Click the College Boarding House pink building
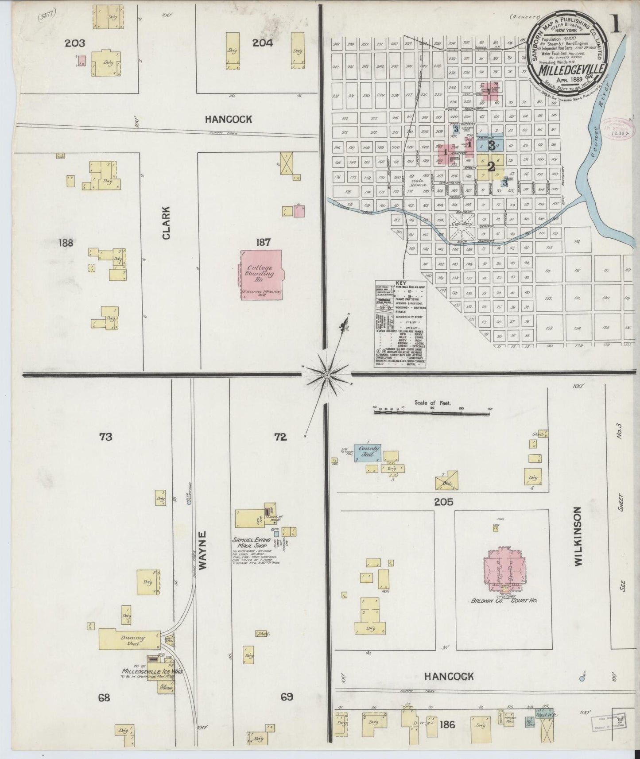(261, 275)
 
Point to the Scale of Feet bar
(432, 412)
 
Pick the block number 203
(74, 43)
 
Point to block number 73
(105, 437)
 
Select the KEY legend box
(400, 324)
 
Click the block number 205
(444, 502)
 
